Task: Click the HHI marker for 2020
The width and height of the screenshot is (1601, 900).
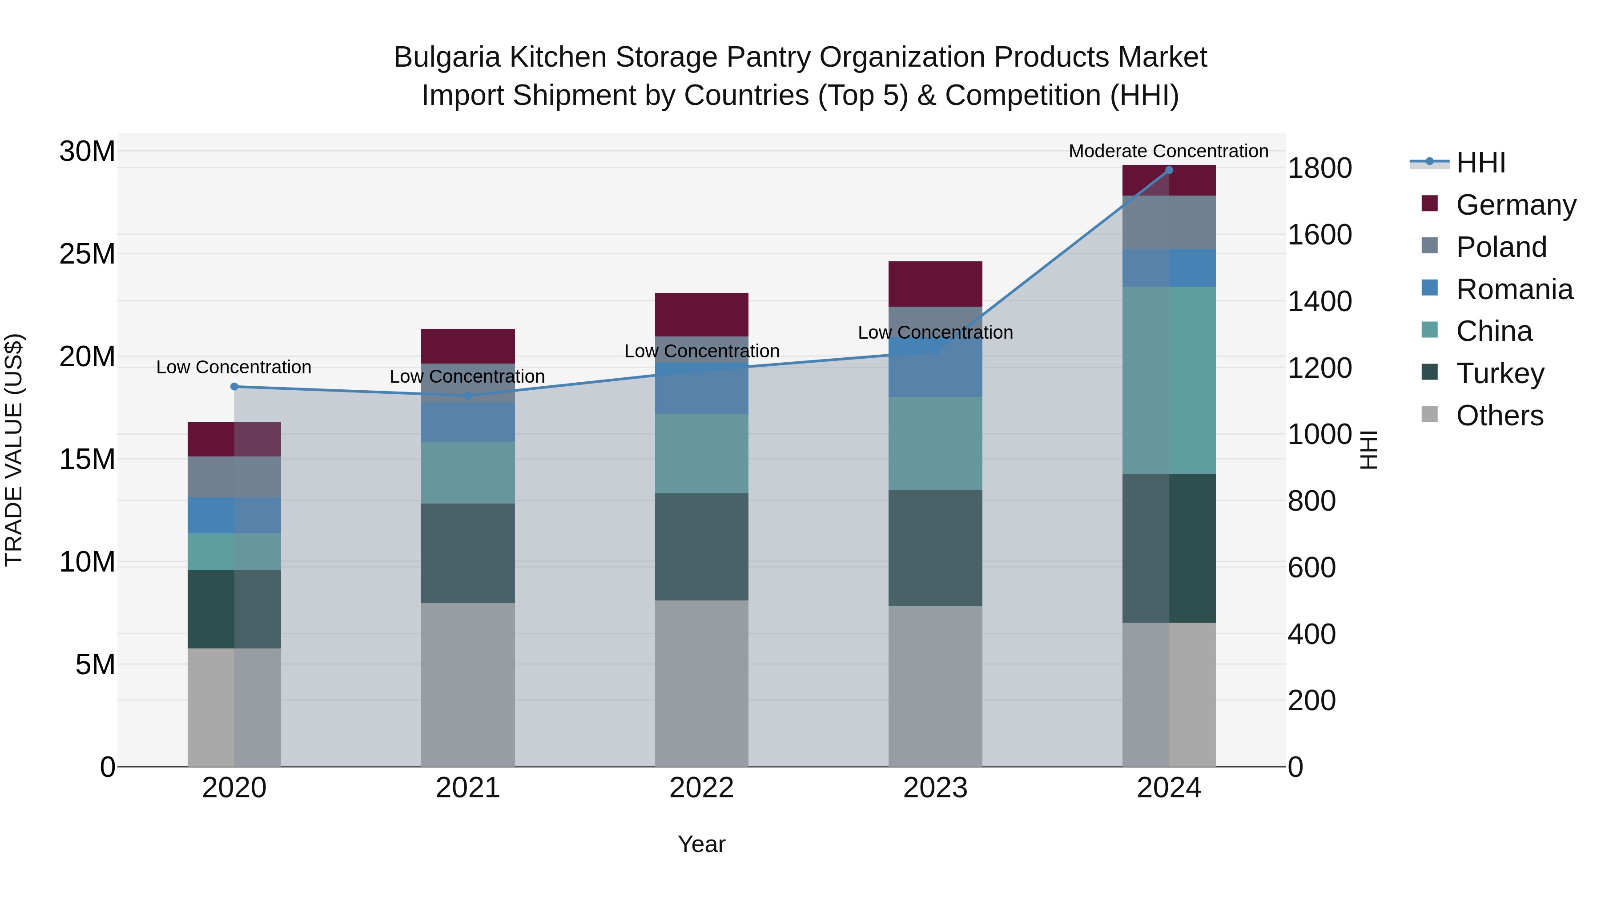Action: (234, 386)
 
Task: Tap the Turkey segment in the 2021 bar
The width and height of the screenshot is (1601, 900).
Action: (467, 553)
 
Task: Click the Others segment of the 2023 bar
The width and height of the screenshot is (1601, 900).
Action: (935, 686)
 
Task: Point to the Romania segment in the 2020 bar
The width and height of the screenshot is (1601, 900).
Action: (234, 515)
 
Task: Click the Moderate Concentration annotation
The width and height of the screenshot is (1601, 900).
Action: (1168, 151)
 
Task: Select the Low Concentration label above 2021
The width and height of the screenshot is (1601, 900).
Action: (467, 376)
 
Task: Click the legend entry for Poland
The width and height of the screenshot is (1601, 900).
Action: (1501, 247)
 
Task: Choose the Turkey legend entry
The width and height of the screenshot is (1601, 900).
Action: (1500, 373)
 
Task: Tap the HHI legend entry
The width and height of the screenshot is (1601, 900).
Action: (1480, 163)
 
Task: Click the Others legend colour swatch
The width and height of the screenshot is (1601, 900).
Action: (1429, 414)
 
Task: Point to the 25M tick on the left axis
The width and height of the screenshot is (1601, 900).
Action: (87, 253)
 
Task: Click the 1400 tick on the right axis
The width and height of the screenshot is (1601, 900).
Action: (1319, 301)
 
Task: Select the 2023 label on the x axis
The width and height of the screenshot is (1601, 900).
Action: (935, 788)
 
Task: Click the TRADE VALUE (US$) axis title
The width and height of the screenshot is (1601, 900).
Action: (14, 450)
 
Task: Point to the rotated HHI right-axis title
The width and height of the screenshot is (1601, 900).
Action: (1369, 450)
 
